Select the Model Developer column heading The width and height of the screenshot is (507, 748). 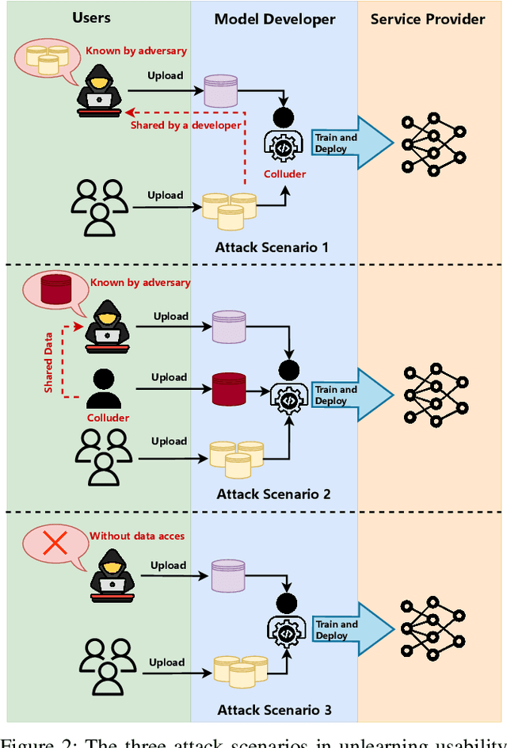[x=275, y=18]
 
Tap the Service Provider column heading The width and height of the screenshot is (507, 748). [x=428, y=18]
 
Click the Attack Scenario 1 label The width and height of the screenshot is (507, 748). [x=272, y=247]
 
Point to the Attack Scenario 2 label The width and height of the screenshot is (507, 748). [x=273, y=494]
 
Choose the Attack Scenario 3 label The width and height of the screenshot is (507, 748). [x=273, y=711]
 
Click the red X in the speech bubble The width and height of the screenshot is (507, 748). [x=55, y=542]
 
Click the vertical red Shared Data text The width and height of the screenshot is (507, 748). [x=49, y=363]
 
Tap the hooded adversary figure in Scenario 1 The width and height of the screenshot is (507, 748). [x=99, y=94]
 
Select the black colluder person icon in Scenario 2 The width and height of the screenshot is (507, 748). [x=103, y=390]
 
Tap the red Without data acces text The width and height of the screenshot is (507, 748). [x=137, y=536]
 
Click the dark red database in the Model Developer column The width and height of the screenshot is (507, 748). [x=228, y=387]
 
